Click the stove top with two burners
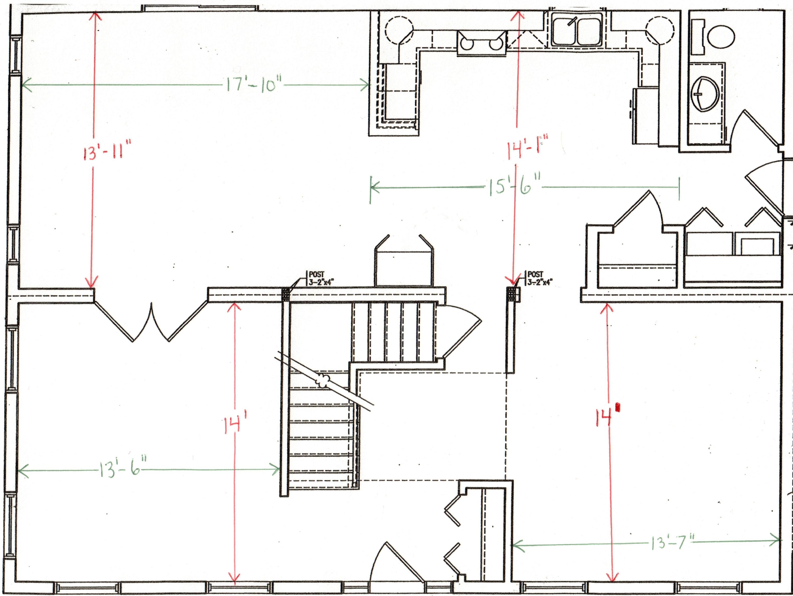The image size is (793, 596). pos(481,43)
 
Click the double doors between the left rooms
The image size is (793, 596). pos(151,321)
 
